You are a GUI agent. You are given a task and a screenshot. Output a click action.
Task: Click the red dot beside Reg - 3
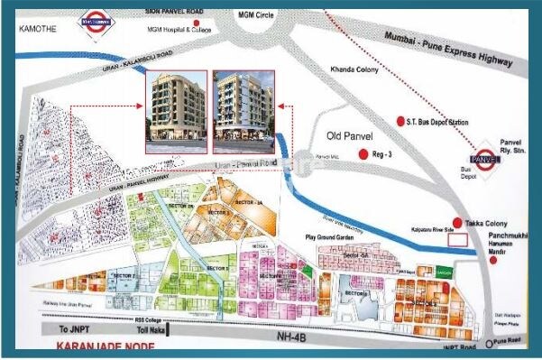(363, 154)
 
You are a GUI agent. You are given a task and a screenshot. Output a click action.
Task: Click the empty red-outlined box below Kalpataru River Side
(458, 240)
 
